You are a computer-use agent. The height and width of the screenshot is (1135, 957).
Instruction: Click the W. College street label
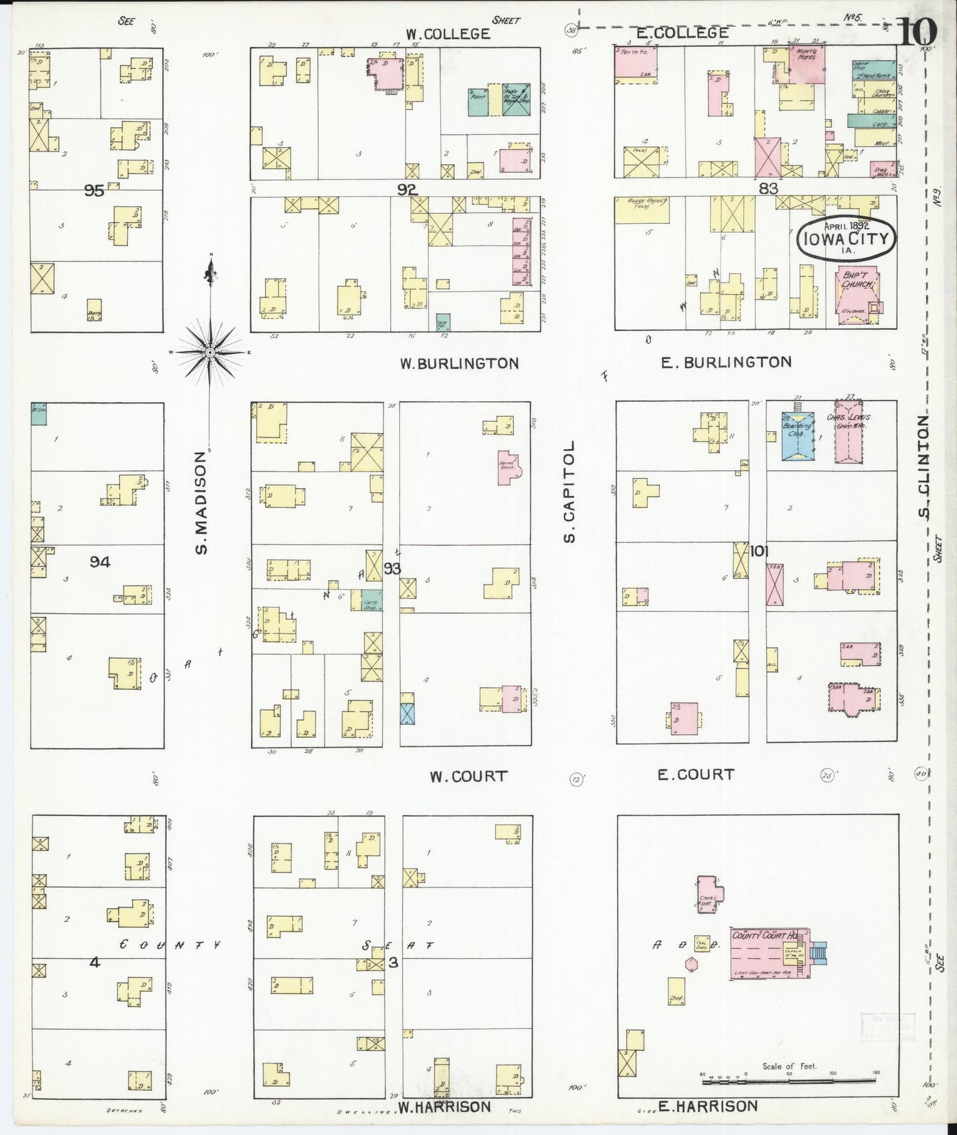pos(448,33)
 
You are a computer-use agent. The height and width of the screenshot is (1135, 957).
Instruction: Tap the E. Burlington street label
pos(726,362)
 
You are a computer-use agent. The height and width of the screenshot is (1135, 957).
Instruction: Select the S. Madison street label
pos(201,502)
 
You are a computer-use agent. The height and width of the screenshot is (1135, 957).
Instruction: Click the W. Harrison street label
pos(444,1107)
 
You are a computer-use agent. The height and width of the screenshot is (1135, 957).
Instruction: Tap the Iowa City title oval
pos(846,238)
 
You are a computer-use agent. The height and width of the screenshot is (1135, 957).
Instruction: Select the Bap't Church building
pos(858,296)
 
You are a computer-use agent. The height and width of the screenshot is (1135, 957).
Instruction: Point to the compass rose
pos(210,352)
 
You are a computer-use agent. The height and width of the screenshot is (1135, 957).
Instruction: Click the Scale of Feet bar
pos(788,1081)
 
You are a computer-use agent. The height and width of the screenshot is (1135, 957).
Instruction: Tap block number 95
pos(94,191)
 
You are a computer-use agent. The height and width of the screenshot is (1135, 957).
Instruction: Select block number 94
pos(100,562)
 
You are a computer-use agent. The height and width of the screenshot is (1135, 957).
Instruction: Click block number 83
pos(768,189)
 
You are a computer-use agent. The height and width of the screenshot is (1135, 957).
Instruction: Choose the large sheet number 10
pos(919,30)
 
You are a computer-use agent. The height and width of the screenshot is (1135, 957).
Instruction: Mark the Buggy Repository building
pos(642,209)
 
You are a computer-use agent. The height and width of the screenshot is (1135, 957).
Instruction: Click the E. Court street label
pos(695,774)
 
